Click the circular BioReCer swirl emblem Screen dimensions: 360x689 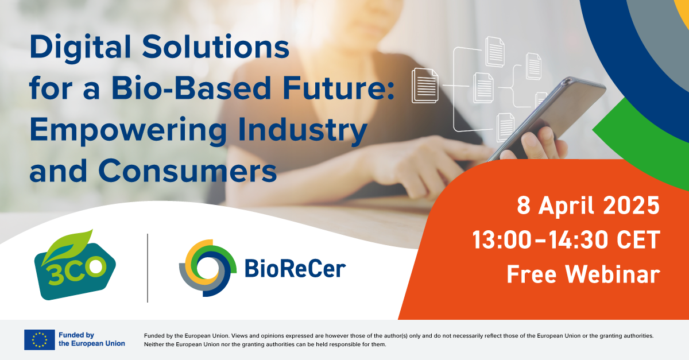tap(208, 266)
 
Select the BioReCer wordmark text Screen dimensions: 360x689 tap(295, 268)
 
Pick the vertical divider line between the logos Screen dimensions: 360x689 tap(148, 268)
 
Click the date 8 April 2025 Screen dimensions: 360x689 tap(588, 206)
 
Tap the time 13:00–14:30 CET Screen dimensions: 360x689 tap(566, 240)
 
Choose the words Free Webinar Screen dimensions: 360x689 tap(583, 274)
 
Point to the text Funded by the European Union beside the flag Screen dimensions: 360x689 tap(92, 339)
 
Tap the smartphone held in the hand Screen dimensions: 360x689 tap(551, 115)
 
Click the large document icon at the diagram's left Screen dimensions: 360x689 tap(425, 86)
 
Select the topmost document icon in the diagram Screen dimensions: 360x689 tap(494, 51)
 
